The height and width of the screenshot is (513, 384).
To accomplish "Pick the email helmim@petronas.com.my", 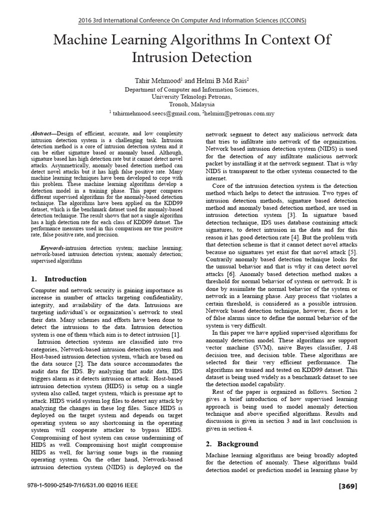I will pyautogui.click(x=239, y=113).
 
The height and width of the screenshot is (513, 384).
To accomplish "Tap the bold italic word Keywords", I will pyautogui.click(x=52, y=248).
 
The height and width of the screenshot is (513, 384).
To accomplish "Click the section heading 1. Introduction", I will pyautogui.click(x=58, y=279).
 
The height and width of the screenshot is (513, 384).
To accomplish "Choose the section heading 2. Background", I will pyautogui.click(x=232, y=444).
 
